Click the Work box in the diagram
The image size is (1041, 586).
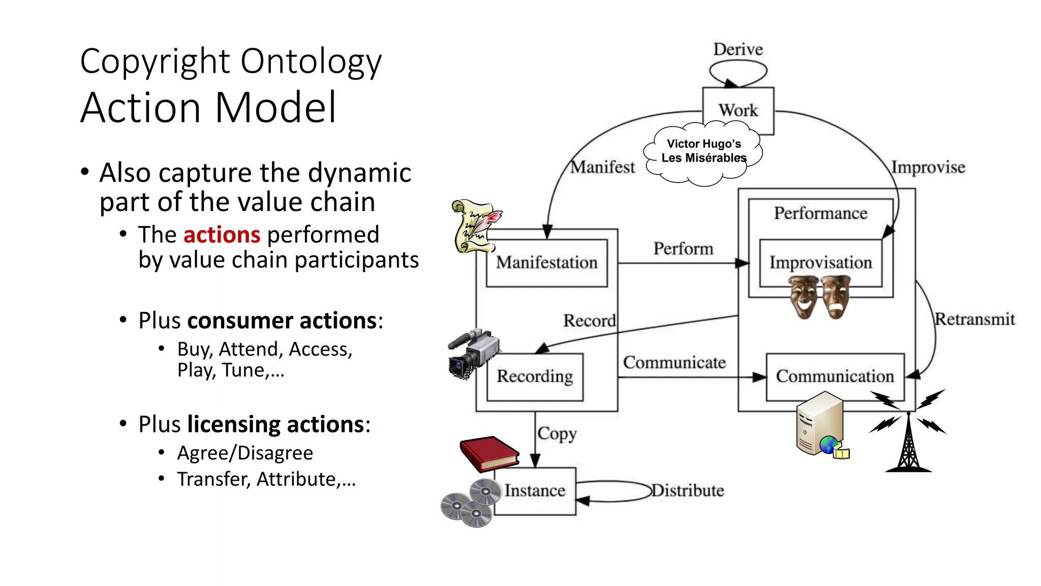point(738,110)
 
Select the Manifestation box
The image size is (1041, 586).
point(546,262)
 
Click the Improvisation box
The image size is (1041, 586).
point(820,262)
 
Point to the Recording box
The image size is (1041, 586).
point(534,376)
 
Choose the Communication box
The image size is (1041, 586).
point(835,376)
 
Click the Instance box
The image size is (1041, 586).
point(535,491)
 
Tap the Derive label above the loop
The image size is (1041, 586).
point(738,49)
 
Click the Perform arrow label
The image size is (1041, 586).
point(683,249)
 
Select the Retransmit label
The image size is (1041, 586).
point(975,319)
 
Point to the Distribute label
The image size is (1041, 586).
point(688,491)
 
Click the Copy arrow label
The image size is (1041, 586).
point(557,434)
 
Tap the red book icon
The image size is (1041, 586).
point(488,454)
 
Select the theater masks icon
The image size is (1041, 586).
point(819,297)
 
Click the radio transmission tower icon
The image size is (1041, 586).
point(908,432)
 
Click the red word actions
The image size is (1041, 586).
point(222,235)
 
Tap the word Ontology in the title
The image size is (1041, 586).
point(311,62)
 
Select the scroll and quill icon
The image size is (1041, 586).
point(475,226)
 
